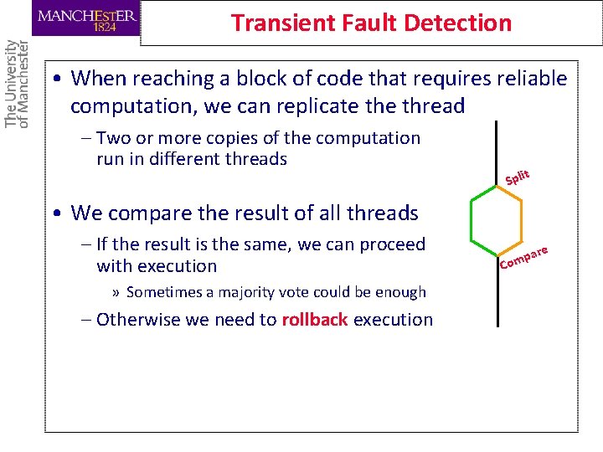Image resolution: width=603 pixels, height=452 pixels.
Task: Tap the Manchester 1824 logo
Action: pyautogui.click(x=87, y=18)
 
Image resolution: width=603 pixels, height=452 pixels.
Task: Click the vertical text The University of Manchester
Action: pyautogui.click(x=16, y=83)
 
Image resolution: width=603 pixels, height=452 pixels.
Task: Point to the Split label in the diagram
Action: pyautogui.click(x=518, y=177)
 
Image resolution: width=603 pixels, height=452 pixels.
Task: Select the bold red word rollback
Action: pyautogui.click(x=315, y=319)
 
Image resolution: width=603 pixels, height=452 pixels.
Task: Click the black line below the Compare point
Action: pyautogui.click(x=497, y=297)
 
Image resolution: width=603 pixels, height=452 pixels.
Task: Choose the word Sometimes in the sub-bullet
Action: pyautogui.click(x=166, y=292)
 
